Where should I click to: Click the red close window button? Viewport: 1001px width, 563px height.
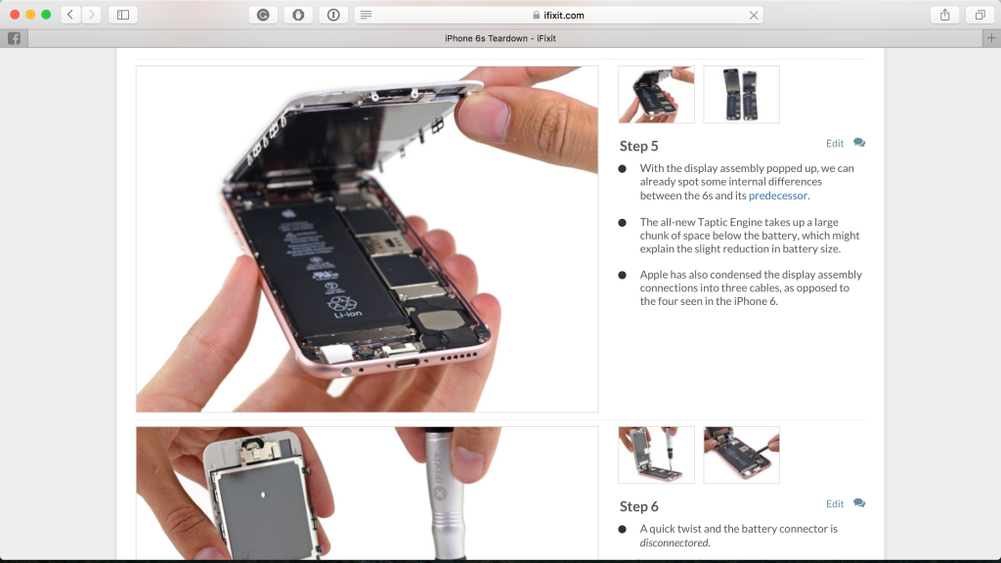[15, 15]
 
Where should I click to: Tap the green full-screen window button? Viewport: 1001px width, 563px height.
[46, 15]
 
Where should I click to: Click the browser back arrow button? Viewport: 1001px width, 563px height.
[70, 15]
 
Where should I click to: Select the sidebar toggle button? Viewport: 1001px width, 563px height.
[123, 15]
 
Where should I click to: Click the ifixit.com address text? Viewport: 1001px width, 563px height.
[564, 16]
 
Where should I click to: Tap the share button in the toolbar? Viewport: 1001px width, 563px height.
[944, 15]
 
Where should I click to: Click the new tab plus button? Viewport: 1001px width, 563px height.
[991, 38]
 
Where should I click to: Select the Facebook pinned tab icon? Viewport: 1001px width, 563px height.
[15, 38]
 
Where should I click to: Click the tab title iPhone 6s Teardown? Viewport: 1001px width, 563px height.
[500, 38]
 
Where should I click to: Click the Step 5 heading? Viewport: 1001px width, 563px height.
[639, 146]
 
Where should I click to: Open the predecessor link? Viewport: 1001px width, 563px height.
[778, 195]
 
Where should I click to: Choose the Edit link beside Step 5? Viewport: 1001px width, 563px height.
[834, 144]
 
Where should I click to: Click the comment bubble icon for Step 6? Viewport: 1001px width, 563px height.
[859, 503]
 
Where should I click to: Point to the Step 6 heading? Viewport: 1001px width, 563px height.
[639, 506]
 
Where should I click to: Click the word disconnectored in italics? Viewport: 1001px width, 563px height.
[675, 542]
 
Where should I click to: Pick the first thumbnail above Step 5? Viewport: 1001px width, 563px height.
[656, 95]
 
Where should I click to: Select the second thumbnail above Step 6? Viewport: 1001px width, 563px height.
[741, 455]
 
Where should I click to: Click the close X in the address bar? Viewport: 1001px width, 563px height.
[754, 16]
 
